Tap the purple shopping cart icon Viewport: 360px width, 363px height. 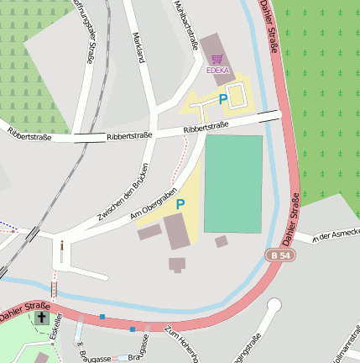click(217, 60)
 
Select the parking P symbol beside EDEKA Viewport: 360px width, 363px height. click(223, 99)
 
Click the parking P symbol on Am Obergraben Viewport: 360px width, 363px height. click(180, 204)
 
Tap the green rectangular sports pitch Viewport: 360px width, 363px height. click(233, 183)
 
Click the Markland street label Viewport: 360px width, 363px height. click(139, 51)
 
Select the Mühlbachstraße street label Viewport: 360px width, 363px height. click(180, 23)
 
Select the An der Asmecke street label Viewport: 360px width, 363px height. click(336, 234)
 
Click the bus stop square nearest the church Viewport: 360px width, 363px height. click(102, 317)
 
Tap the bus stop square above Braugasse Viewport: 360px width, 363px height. click(132, 329)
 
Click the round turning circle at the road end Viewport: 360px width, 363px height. click(274, 306)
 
